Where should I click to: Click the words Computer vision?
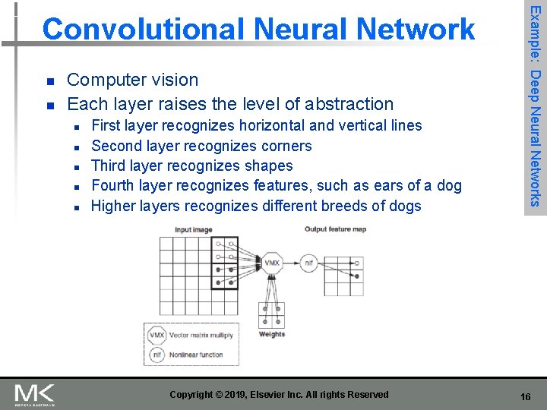(x=133, y=80)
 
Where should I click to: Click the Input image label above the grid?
(x=194, y=229)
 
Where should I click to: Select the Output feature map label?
(x=335, y=229)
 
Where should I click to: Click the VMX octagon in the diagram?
(x=272, y=263)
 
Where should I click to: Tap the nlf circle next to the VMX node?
(x=308, y=263)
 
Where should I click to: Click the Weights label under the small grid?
(x=272, y=333)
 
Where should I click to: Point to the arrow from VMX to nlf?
(x=291, y=263)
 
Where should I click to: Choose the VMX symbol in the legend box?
(x=157, y=335)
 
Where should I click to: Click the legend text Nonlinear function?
(x=196, y=354)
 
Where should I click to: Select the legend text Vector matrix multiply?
(x=201, y=335)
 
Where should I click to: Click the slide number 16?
(x=526, y=396)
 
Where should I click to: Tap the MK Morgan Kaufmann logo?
(x=34, y=396)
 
